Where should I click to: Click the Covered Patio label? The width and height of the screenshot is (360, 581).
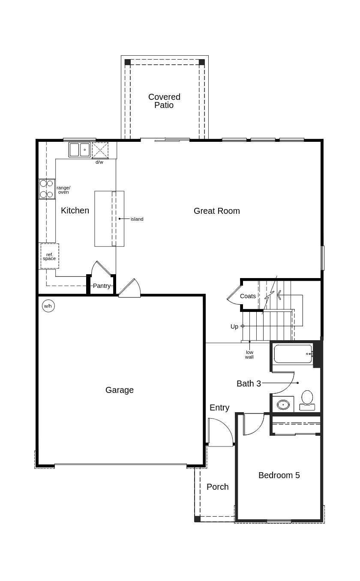click(164, 101)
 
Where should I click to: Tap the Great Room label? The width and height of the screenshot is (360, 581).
click(216, 211)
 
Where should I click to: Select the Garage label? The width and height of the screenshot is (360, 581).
click(119, 390)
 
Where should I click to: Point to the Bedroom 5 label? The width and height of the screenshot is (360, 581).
click(279, 475)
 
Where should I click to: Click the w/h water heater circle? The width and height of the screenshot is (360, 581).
click(48, 306)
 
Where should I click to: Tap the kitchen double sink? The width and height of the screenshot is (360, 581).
click(79, 150)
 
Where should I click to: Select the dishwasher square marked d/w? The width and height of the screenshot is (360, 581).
click(100, 150)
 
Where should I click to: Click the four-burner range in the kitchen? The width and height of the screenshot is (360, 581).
click(47, 189)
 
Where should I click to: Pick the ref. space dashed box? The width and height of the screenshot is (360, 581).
click(49, 256)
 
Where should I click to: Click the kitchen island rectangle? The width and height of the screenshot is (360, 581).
click(109, 219)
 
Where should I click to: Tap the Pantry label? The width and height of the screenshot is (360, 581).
click(102, 286)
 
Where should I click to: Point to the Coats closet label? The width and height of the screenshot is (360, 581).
click(248, 296)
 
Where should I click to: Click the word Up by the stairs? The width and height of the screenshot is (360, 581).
click(234, 326)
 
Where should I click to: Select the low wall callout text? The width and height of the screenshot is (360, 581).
click(249, 355)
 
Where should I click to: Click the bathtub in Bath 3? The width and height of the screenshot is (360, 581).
click(292, 354)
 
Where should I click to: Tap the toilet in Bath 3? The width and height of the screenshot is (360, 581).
click(307, 399)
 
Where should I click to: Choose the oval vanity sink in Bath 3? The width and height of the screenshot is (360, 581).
click(283, 404)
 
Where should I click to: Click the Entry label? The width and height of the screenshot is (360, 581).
click(219, 407)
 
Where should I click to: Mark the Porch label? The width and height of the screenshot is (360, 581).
click(217, 487)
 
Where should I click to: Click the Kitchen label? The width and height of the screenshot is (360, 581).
click(75, 210)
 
